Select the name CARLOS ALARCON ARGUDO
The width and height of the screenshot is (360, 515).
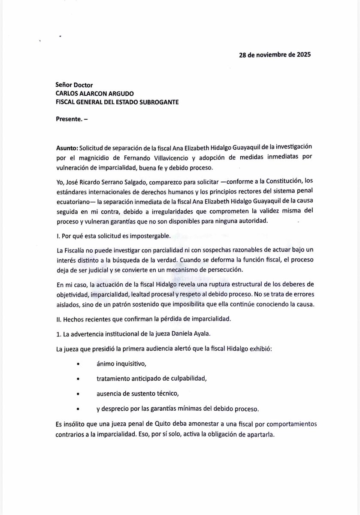(94, 93)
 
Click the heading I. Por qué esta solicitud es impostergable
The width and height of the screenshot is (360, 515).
(115, 236)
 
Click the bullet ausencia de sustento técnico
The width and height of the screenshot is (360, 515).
(131, 393)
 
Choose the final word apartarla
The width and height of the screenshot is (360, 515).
(259, 433)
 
